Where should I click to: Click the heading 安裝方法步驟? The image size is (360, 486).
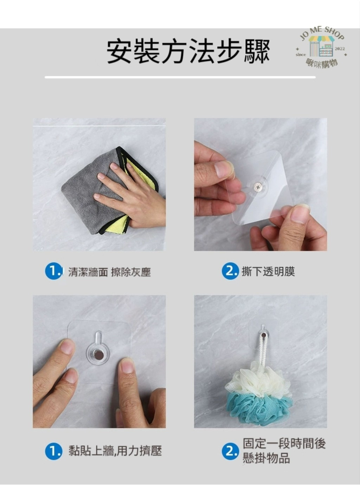188,51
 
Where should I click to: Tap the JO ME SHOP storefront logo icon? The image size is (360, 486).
322,46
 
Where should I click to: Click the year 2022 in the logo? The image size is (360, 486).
340,48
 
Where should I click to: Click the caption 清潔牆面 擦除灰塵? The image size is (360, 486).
109,272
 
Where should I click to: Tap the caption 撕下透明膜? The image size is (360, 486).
268,272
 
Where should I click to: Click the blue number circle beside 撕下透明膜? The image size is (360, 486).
230,272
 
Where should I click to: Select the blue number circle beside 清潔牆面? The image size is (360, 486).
54,272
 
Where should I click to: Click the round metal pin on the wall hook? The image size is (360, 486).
98,355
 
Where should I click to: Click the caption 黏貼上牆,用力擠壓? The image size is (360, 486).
115,451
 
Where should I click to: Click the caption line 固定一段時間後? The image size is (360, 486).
284,443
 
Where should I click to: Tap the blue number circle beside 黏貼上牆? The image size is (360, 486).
54,451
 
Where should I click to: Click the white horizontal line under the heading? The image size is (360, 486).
180,77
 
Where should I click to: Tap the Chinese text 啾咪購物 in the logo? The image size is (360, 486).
322,63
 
